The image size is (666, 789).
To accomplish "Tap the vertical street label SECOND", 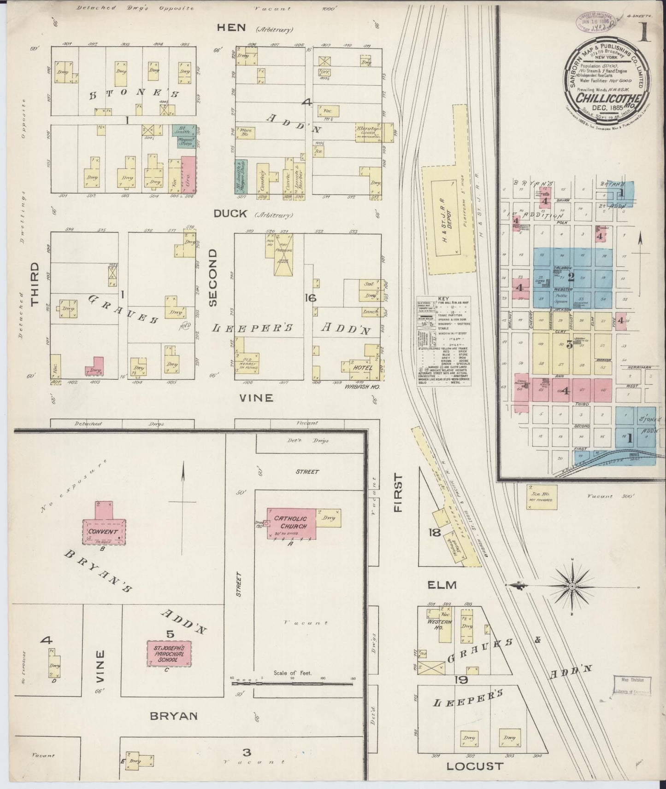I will tap(212, 278).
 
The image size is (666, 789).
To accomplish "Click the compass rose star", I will tap(572, 586).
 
